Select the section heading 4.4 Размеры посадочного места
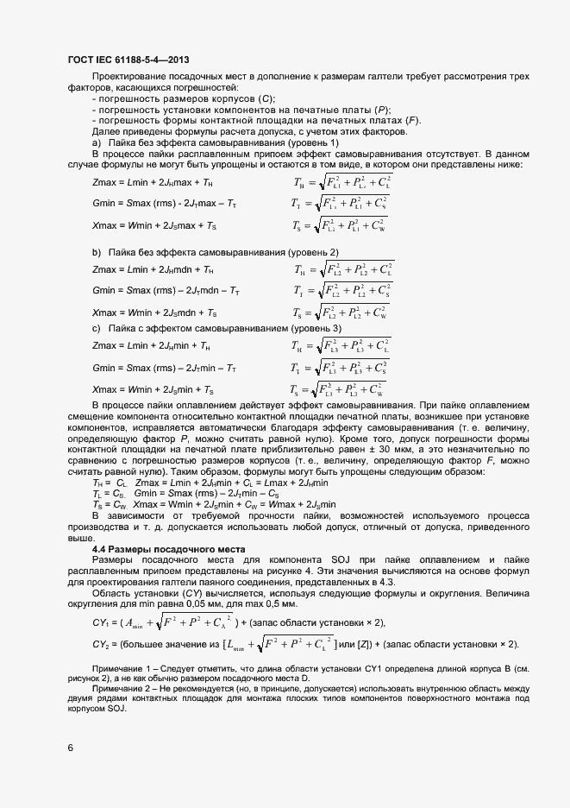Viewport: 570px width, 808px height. [169, 549]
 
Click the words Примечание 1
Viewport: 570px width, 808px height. [120, 669]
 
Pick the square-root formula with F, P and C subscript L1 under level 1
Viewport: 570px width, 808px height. [342, 182]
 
